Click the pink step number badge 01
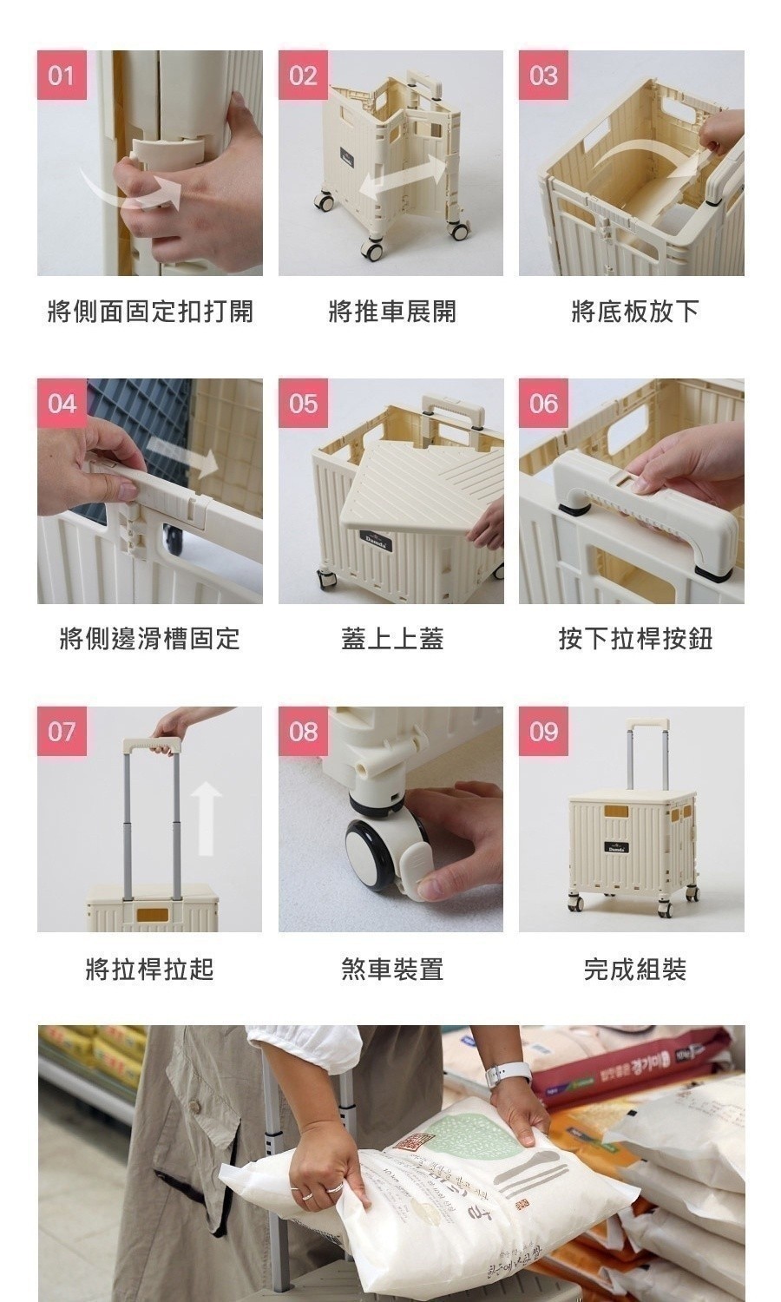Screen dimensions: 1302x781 click(x=62, y=76)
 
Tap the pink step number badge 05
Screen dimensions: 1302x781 click(x=303, y=404)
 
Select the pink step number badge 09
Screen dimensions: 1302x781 click(x=543, y=732)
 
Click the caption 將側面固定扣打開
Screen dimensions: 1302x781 click(x=150, y=311)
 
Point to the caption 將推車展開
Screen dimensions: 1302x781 click(x=391, y=311)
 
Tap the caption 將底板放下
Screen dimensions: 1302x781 click(x=634, y=311)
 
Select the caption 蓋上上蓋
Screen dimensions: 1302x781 click(x=391, y=640)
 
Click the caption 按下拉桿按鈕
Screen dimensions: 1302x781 click(x=634, y=640)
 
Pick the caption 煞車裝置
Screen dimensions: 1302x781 click(x=391, y=969)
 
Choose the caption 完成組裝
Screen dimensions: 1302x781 click(x=634, y=969)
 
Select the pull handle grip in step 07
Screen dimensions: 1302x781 click(x=152, y=745)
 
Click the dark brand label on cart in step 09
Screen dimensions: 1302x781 click(x=617, y=847)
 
